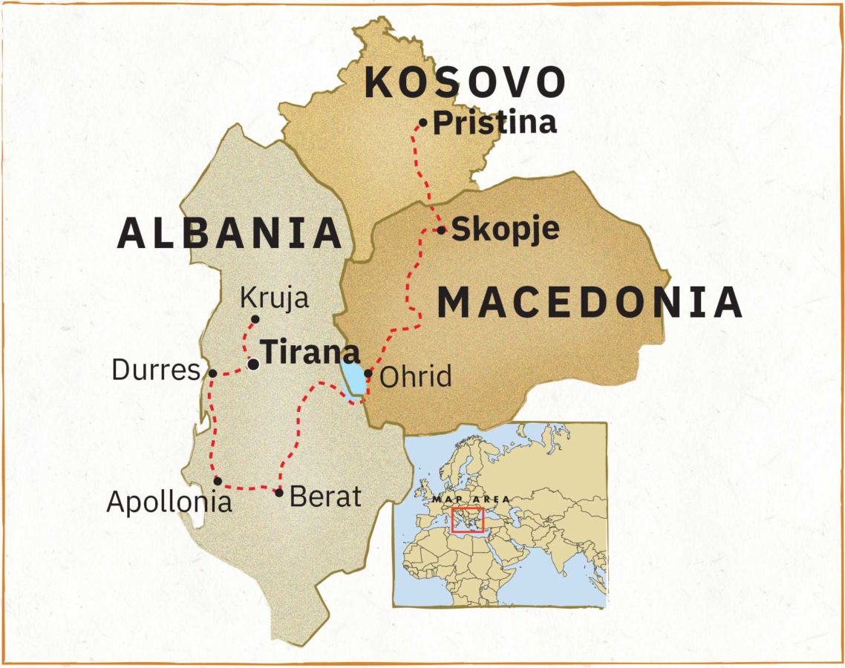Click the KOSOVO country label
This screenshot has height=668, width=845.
tap(466, 83)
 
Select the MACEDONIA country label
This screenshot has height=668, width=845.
tap(590, 303)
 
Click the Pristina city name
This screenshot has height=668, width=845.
tap(495, 123)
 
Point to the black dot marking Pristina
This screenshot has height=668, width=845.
tap(423, 122)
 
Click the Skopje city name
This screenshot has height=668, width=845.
tap(505, 229)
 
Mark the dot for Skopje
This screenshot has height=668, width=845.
tap(441, 230)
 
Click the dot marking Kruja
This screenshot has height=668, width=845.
tap(255, 319)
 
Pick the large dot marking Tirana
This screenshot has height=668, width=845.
tap(253, 364)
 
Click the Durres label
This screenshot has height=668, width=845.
tap(156, 370)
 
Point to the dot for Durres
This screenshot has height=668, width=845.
tap(212, 373)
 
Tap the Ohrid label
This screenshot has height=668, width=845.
tap(415, 377)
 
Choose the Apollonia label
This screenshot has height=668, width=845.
tap(169, 502)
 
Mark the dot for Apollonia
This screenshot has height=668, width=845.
tap(217, 481)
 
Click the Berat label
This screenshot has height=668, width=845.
tap(324, 496)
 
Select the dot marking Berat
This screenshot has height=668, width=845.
tap(279, 492)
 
